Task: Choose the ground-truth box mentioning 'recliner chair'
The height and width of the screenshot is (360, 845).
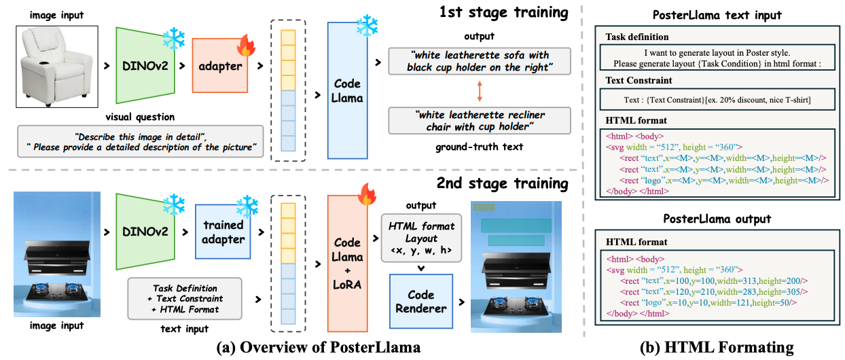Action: tap(480, 121)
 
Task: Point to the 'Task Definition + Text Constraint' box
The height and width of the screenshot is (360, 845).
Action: tap(185, 298)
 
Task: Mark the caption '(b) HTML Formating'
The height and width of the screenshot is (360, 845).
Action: tap(716, 348)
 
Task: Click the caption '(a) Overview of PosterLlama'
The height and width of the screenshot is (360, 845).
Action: tap(318, 348)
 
